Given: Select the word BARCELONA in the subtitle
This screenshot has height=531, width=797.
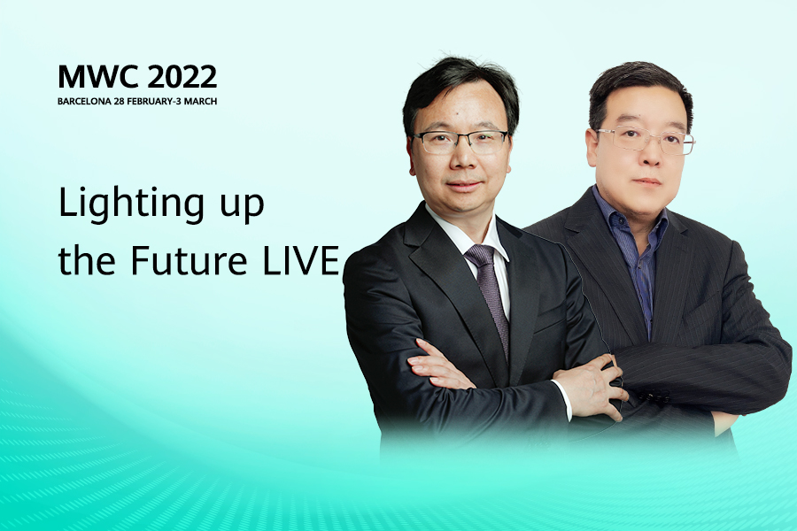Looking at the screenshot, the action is (84, 101).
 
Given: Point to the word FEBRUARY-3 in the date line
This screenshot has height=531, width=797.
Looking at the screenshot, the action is (153, 101).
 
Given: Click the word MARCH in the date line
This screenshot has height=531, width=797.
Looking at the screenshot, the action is (200, 101).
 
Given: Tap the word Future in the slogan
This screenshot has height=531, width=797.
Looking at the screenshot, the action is (189, 260).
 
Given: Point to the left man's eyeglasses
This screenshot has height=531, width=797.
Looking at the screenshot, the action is (460, 142).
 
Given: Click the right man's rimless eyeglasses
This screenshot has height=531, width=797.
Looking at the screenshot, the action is (645, 140).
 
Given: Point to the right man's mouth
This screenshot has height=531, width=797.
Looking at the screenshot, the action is (647, 181).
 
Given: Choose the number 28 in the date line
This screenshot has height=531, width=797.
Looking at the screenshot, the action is (119, 101).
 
